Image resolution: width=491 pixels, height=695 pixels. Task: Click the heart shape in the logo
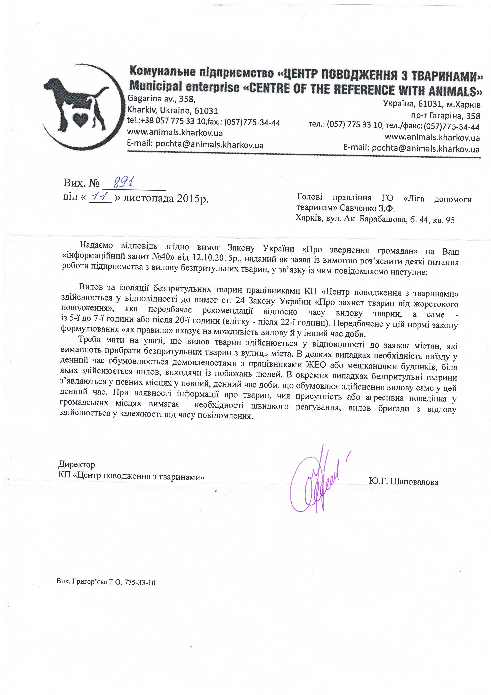pyautogui.click(x=80, y=120)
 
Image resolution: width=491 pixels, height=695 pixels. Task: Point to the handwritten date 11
pyautogui.click(x=100, y=197)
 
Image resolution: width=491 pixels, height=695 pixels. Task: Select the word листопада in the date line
pyautogui.click(x=148, y=198)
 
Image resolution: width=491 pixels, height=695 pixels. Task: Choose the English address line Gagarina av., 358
pyautogui.click(x=161, y=99)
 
